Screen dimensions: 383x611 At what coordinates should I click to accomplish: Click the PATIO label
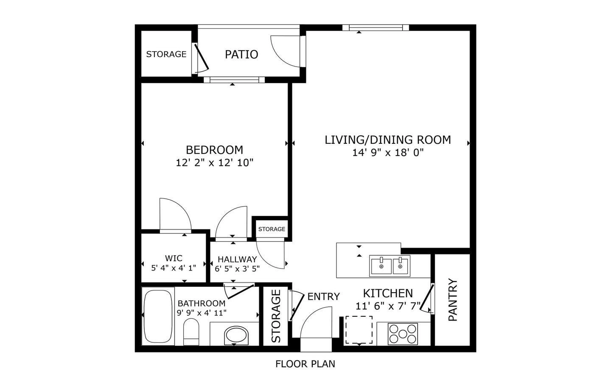[241, 54]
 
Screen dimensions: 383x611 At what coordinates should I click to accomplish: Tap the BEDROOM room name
[214, 150]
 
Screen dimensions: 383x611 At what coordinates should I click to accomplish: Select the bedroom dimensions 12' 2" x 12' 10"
[214, 162]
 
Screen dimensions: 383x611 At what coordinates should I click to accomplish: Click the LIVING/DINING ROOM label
[387, 140]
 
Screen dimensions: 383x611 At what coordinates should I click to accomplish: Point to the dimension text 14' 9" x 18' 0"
[388, 153]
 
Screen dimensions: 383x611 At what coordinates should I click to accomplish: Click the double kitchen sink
[390, 266]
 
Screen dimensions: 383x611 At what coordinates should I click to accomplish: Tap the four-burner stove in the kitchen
[403, 333]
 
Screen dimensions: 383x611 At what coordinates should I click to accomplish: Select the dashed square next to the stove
[359, 330]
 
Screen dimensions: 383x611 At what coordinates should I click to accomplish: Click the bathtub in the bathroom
[157, 316]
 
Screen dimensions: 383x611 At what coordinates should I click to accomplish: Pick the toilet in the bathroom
[191, 332]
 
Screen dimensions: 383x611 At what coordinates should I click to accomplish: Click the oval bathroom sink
[236, 335]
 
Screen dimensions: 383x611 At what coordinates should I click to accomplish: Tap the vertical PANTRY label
[453, 299]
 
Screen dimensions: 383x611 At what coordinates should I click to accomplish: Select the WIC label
[174, 258]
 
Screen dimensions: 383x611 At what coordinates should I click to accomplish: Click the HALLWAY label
[237, 259]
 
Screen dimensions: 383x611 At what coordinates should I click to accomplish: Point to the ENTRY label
[323, 296]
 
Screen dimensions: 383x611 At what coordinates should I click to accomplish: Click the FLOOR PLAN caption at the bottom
[305, 364]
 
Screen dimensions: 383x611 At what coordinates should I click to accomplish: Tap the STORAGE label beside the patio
[166, 54]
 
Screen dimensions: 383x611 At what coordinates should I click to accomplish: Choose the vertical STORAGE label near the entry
[276, 316]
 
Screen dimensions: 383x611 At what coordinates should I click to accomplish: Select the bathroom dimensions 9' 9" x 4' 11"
[202, 313]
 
